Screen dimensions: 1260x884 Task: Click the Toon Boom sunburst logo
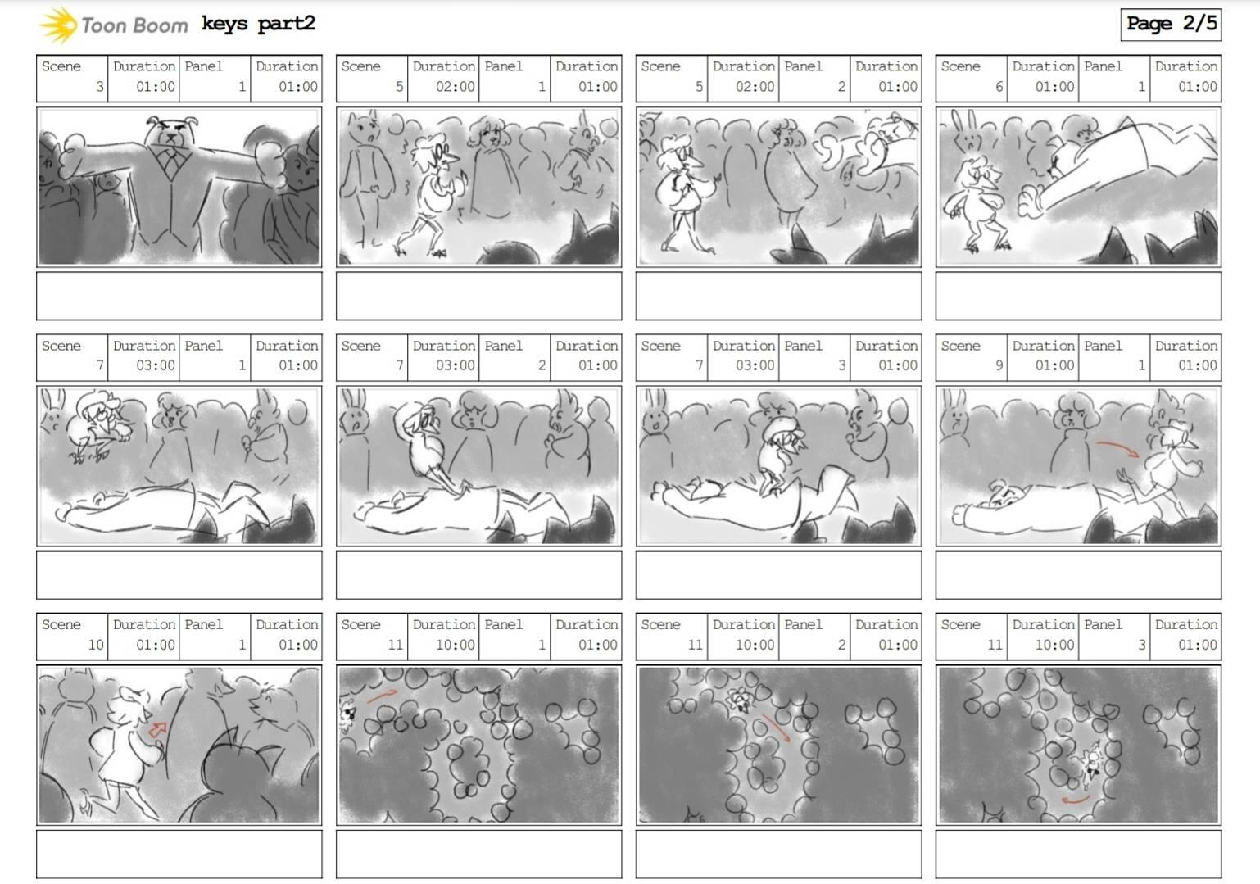[58, 25]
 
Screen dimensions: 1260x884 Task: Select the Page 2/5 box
[1172, 25]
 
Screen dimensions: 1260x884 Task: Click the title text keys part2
[258, 25]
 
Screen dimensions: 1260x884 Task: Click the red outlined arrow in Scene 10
[158, 730]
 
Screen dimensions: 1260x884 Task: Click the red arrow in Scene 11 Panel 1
[382, 696]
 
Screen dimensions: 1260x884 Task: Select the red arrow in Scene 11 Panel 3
[1075, 800]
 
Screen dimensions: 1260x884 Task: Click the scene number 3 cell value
[100, 87]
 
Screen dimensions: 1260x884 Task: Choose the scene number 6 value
[999, 87]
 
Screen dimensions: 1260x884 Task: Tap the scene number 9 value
[999, 365]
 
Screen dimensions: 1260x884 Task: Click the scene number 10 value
[96, 645]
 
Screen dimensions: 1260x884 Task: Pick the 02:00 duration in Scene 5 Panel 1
[455, 87]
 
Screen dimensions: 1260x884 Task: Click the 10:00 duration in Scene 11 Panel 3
[1054, 645]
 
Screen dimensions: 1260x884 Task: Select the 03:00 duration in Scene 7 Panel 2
[455, 365]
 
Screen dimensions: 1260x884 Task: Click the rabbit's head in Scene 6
[967, 133]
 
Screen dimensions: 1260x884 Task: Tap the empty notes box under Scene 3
[179, 296]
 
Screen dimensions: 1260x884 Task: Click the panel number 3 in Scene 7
[841, 365]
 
